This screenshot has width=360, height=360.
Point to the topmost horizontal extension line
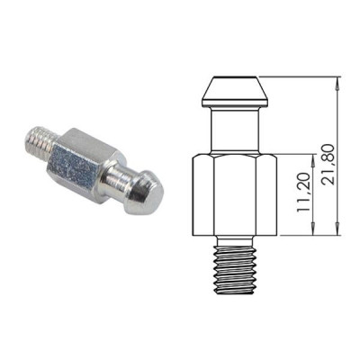pyautogui.click(x=288, y=78)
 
